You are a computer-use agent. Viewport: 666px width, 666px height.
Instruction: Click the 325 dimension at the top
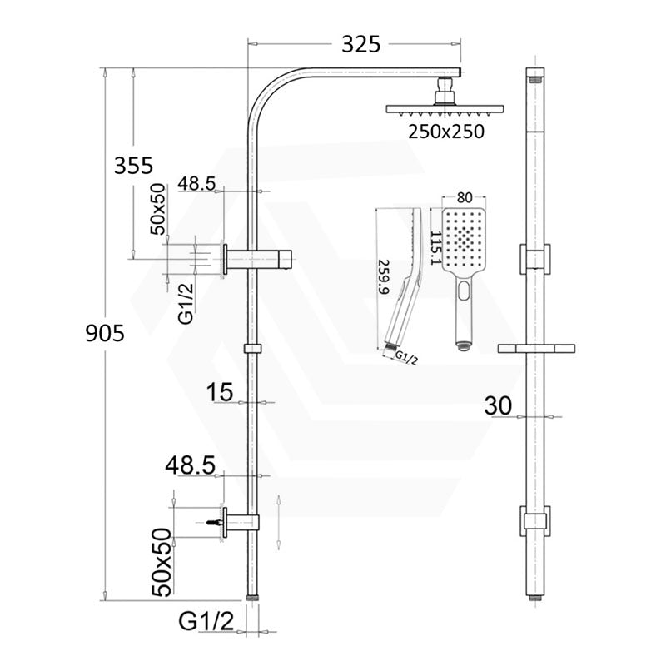pyautogui.click(x=361, y=44)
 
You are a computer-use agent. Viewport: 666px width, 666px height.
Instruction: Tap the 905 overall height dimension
pyautogui.click(x=105, y=333)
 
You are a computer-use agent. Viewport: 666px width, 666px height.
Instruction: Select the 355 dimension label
pyautogui.click(x=133, y=165)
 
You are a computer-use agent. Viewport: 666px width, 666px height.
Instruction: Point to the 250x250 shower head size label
pyautogui.click(x=446, y=132)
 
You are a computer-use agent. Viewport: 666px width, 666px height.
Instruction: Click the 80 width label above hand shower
pyautogui.click(x=465, y=197)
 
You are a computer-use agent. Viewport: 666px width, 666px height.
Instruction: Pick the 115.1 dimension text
pyautogui.click(x=435, y=248)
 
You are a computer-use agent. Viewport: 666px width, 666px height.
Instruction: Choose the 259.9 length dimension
pyautogui.click(x=383, y=277)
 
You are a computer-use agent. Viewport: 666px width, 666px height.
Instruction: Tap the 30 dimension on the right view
pyautogui.click(x=498, y=405)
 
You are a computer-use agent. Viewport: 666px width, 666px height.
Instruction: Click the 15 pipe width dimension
pyautogui.click(x=220, y=391)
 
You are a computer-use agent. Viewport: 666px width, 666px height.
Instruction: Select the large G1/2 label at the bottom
pyautogui.click(x=206, y=622)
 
